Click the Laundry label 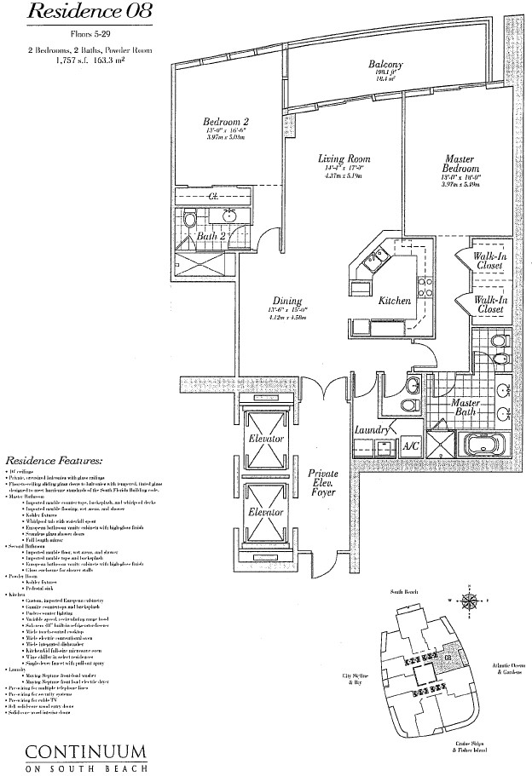click(x=371, y=431)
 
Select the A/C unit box click(x=410, y=445)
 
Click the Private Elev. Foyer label click(x=324, y=486)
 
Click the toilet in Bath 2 click(x=189, y=220)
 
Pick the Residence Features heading click(x=54, y=458)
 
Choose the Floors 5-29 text click(x=90, y=38)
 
